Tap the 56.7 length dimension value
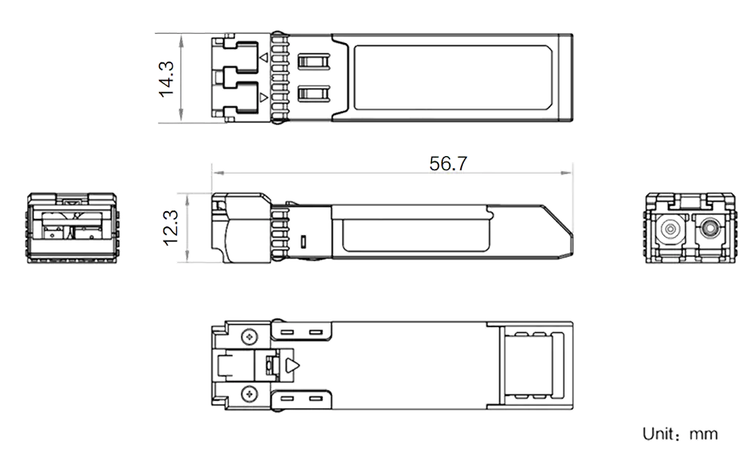[x=447, y=163]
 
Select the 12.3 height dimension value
[x=169, y=228]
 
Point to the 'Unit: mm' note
[x=681, y=434]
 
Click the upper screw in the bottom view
[x=248, y=334]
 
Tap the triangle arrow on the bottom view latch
[x=292, y=365]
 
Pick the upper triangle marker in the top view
[x=263, y=58]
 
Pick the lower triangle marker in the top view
[x=263, y=98]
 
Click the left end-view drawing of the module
[x=73, y=228]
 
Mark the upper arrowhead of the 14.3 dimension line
[x=181, y=38]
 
